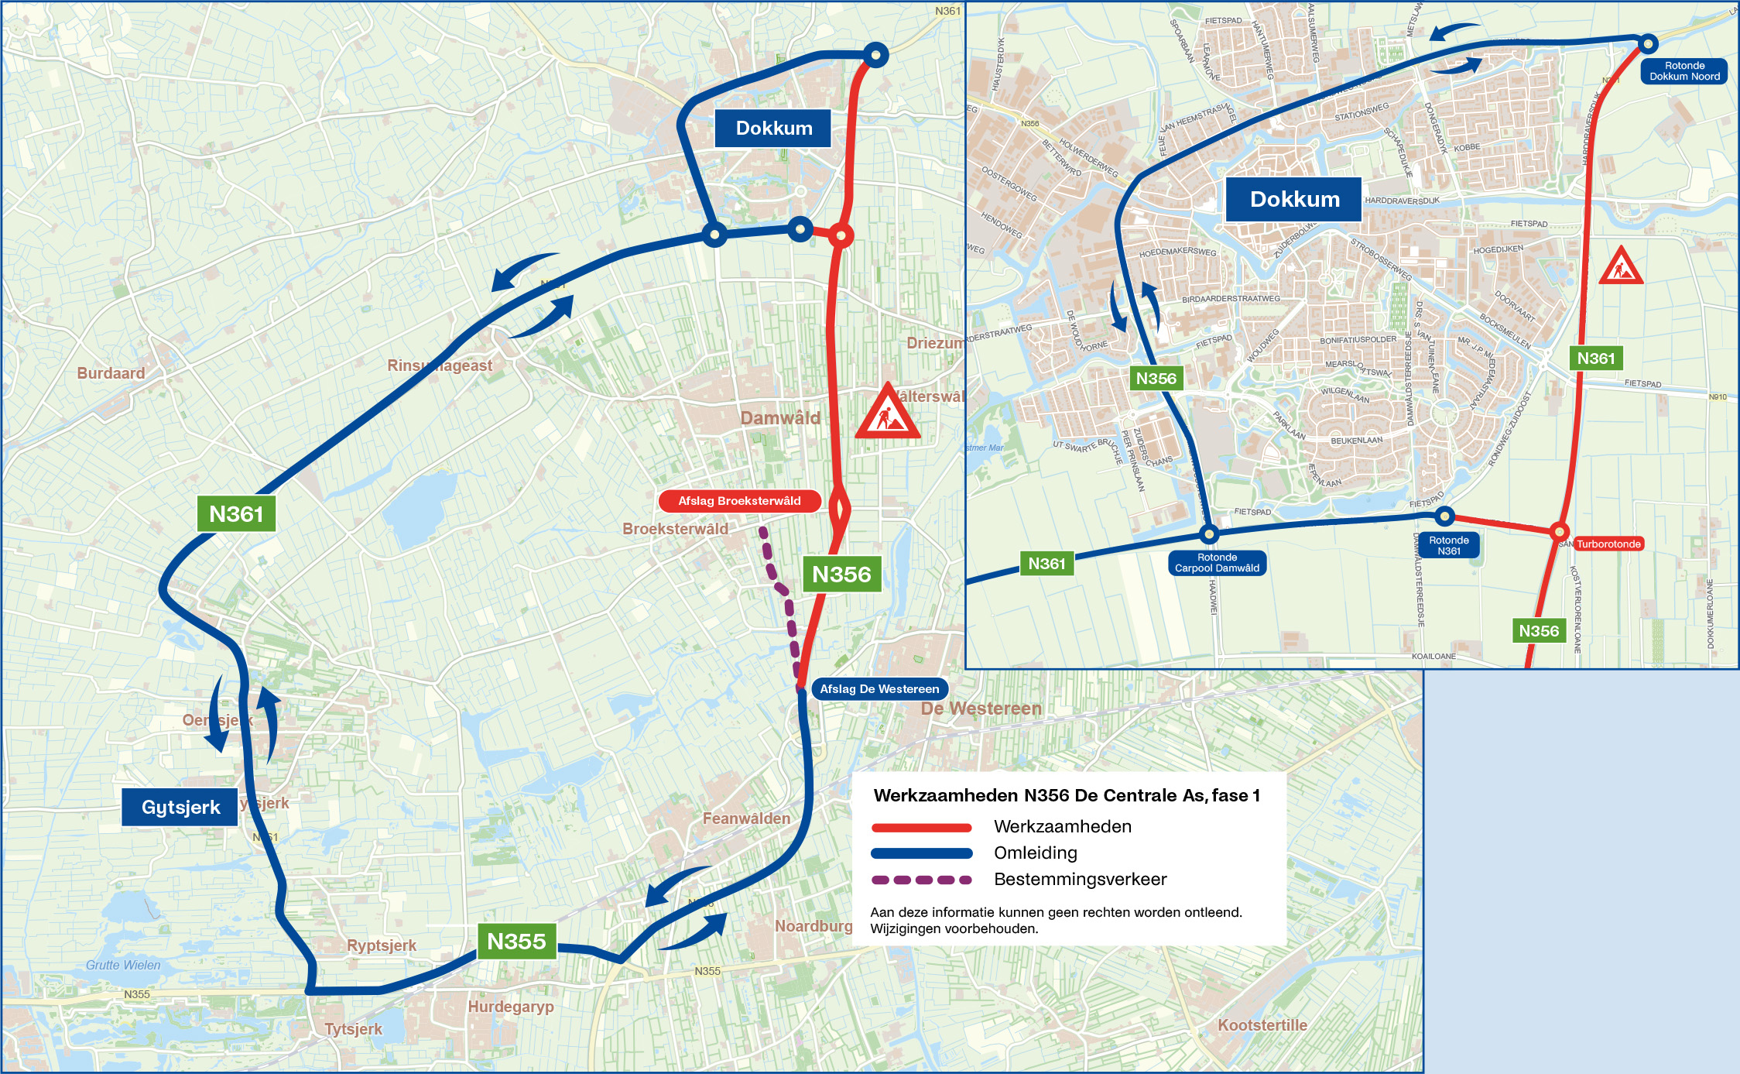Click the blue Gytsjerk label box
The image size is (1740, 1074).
point(180,807)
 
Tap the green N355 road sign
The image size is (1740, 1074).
point(516,942)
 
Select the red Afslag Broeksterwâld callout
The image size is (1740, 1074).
point(739,501)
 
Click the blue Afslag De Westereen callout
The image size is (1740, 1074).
point(879,688)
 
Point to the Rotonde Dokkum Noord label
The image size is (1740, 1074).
point(1683,71)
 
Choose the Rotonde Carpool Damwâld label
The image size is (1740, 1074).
point(1217,563)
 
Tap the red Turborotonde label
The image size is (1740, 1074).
point(1608,544)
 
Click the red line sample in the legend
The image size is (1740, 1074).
point(921,827)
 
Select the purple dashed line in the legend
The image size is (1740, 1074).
point(921,880)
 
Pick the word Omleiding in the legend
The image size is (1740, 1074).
point(1036,853)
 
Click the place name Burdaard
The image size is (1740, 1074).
point(111,373)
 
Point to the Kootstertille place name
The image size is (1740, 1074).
point(1262,1025)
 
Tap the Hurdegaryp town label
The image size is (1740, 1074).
point(511,1007)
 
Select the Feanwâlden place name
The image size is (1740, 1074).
point(746,818)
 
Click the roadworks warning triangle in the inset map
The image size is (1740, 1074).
point(1621,267)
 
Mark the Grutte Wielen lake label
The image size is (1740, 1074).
point(123,965)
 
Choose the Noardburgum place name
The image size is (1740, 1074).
point(813,926)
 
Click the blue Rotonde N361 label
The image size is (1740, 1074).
point(1448,546)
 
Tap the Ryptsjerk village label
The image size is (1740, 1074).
point(382,945)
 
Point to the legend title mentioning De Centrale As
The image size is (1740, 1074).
point(1067,795)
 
